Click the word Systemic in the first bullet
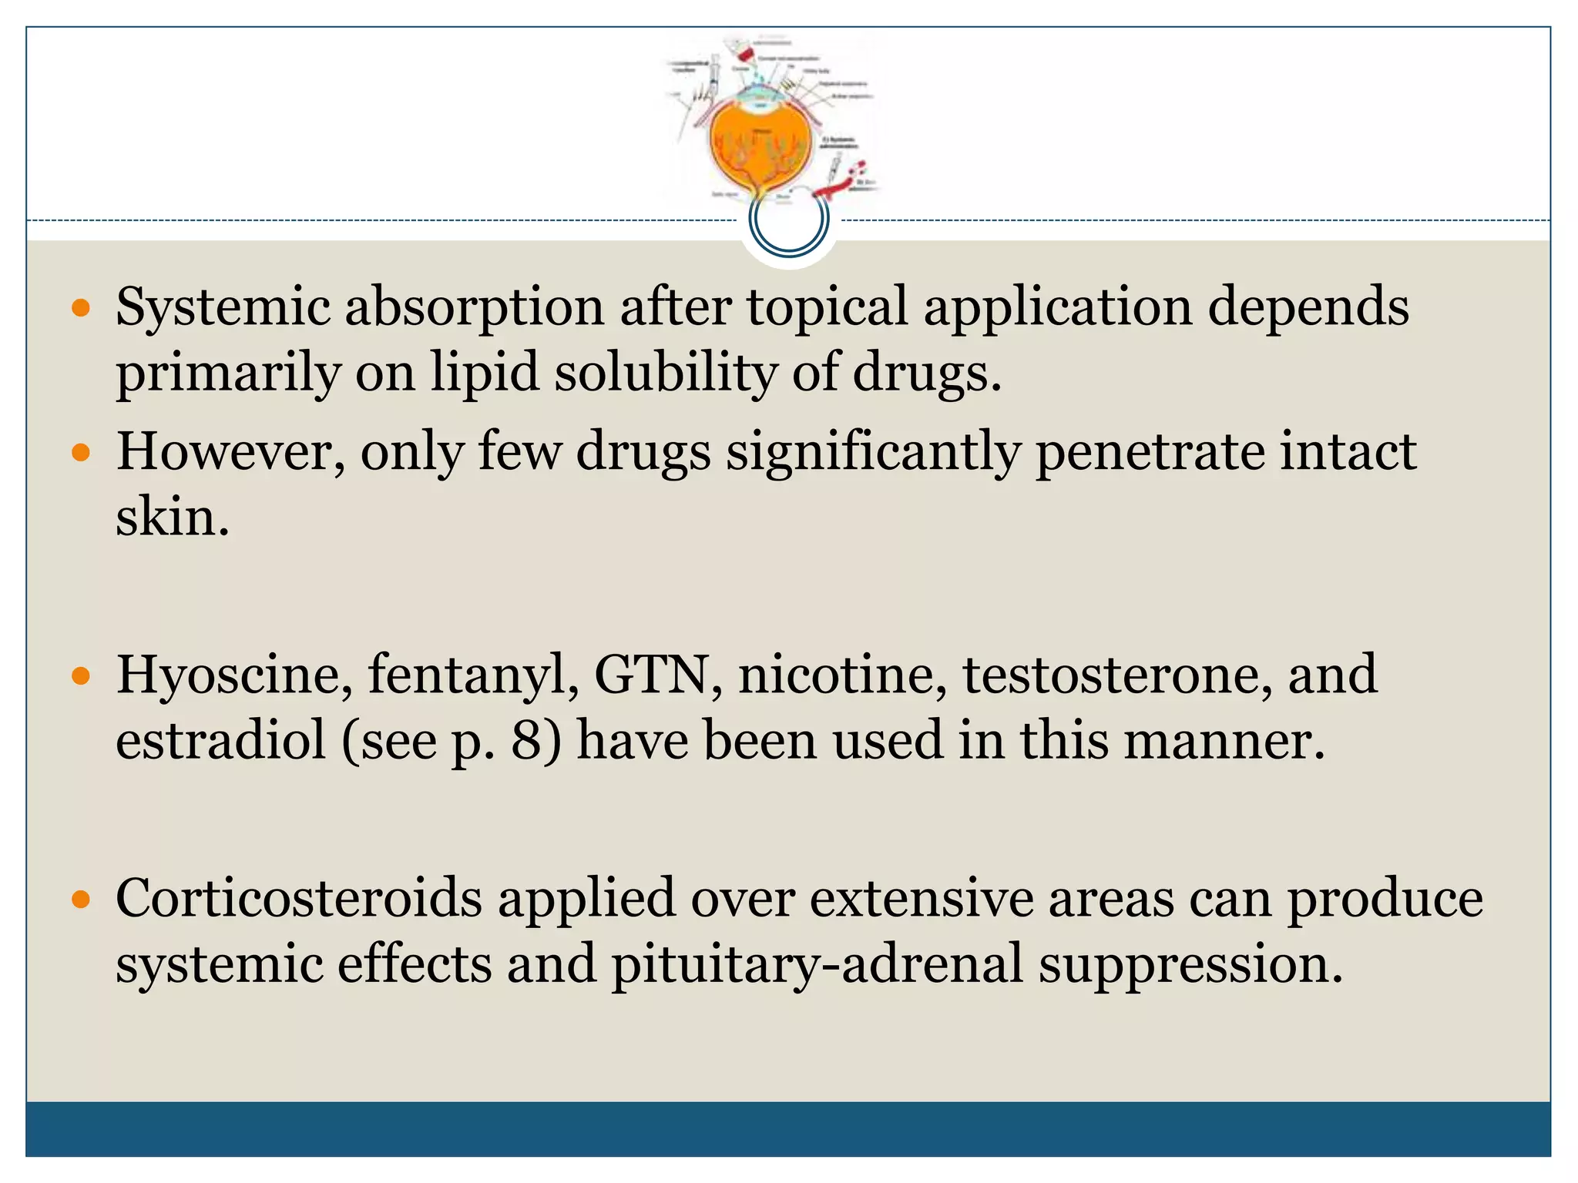tap(223, 307)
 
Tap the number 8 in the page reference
tap(527, 740)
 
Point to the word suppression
tap(1190, 963)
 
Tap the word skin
tap(172, 517)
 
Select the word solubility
tap(665, 373)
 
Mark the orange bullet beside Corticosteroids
tap(81, 900)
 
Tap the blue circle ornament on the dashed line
tap(789, 220)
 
